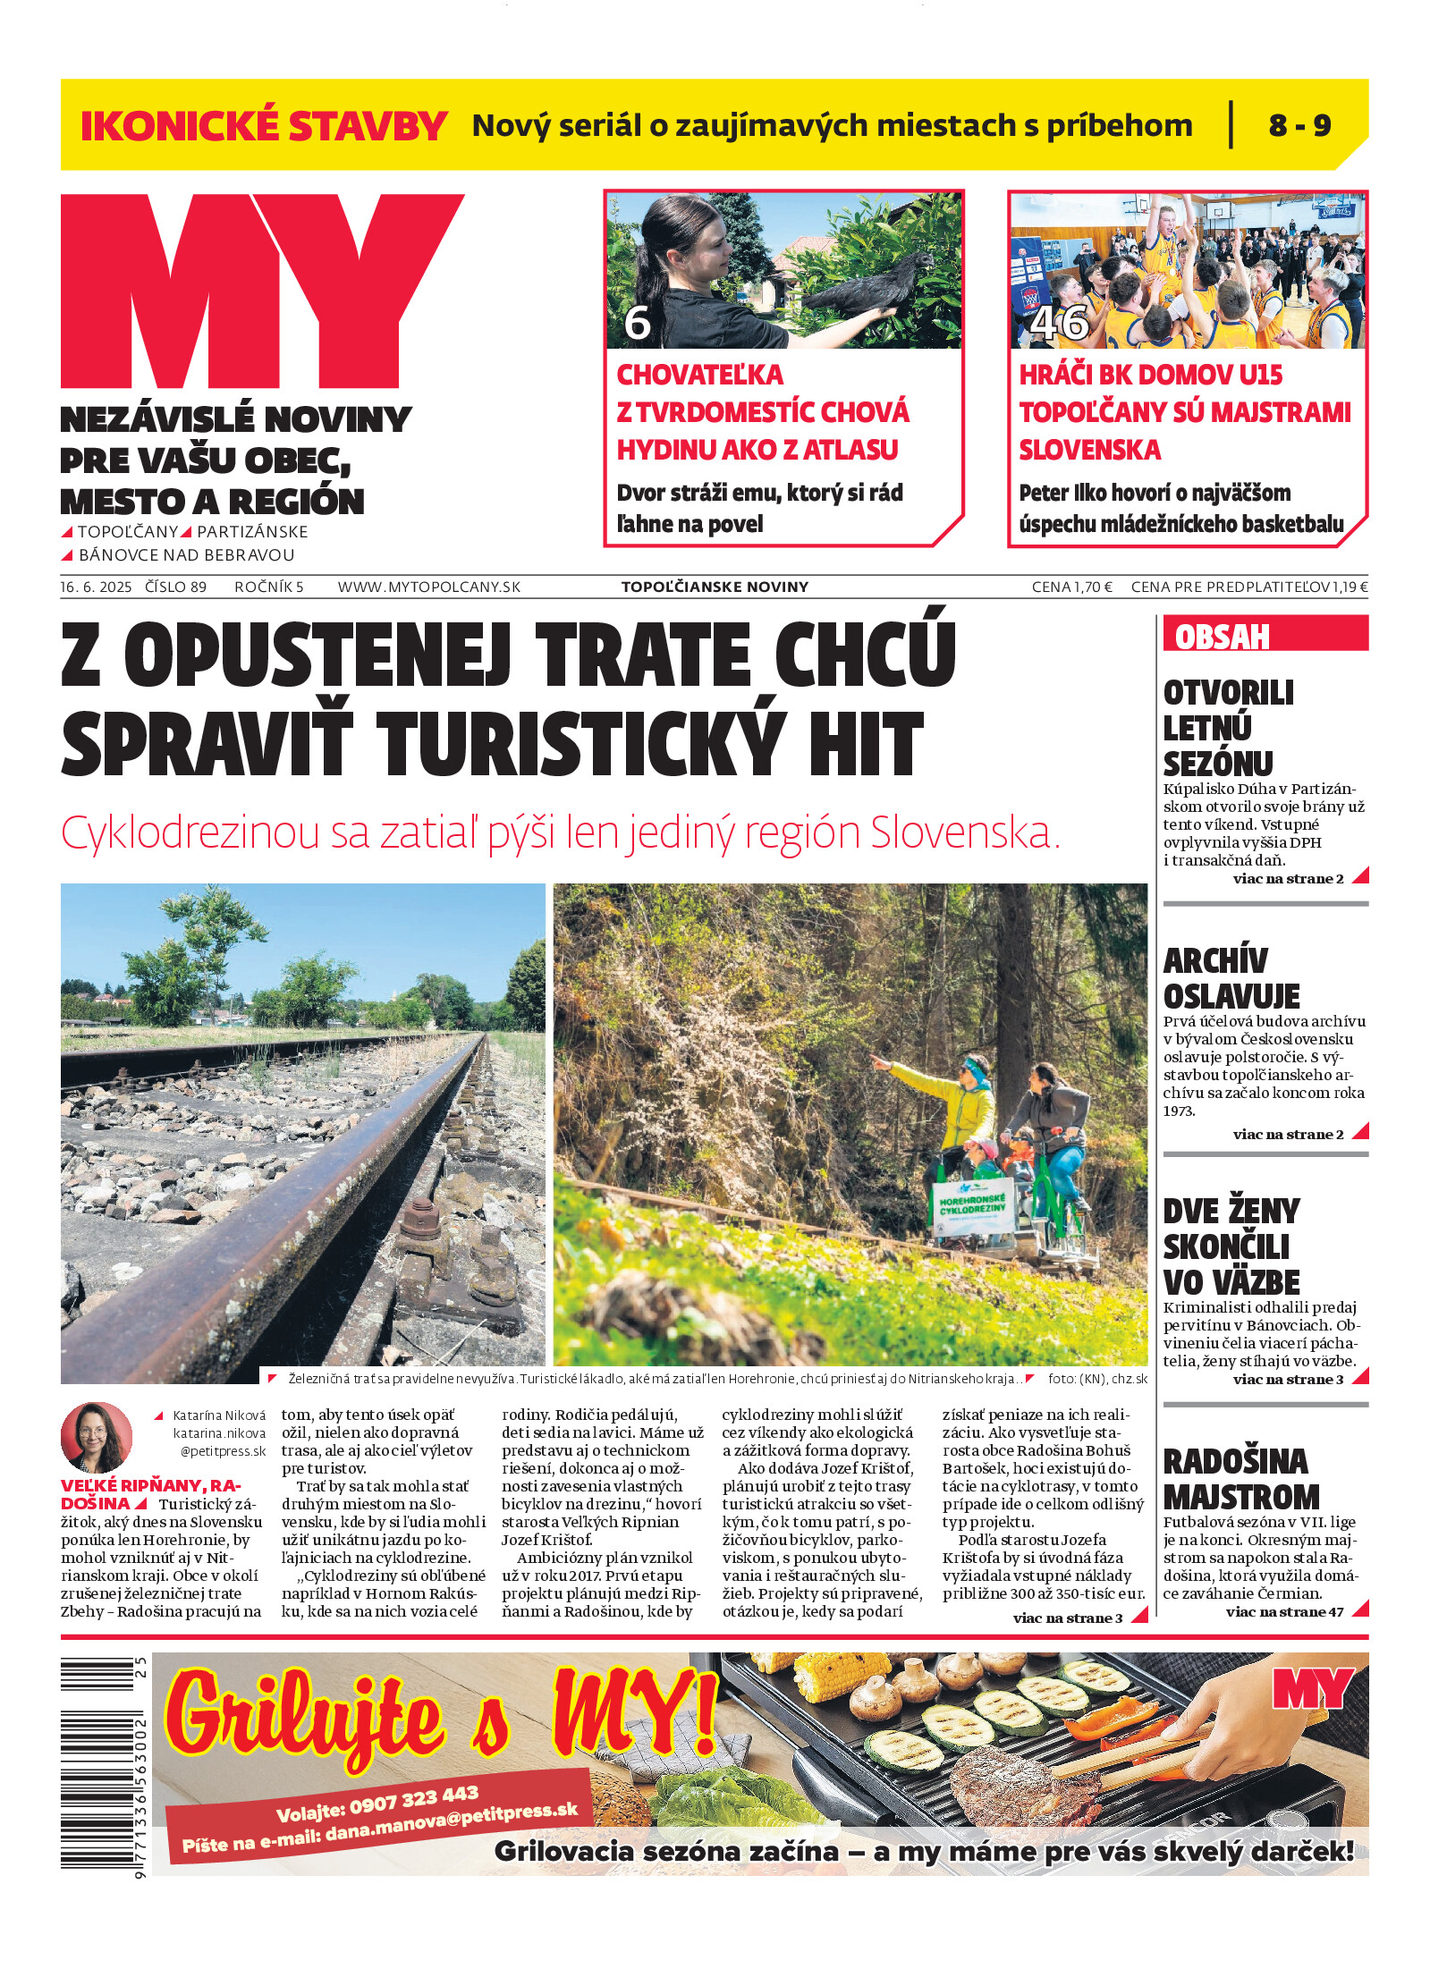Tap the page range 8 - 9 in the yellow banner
pyautogui.click(x=1299, y=125)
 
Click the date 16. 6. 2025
pyautogui.click(x=96, y=587)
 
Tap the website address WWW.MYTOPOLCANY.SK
pyautogui.click(x=428, y=587)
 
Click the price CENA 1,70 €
pyautogui.click(x=1071, y=587)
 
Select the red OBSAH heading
pyautogui.click(x=1222, y=637)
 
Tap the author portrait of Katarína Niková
pyautogui.click(x=96, y=1437)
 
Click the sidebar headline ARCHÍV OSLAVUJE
pyautogui.click(x=1231, y=977)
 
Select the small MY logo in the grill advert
pyautogui.click(x=1313, y=1687)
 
